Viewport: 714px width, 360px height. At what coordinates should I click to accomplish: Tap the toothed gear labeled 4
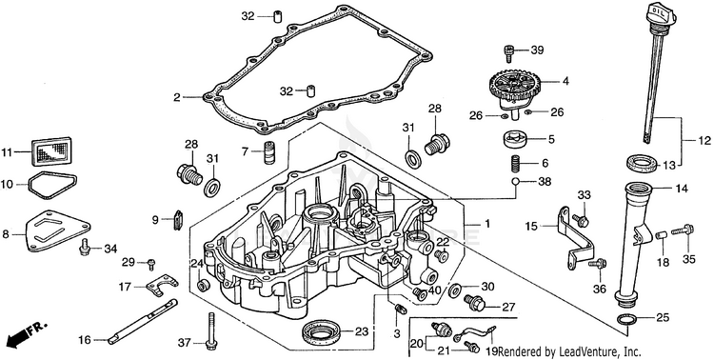(511, 85)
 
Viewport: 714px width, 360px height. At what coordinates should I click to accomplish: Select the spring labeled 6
(514, 163)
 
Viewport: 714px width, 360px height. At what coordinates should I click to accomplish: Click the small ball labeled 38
(515, 182)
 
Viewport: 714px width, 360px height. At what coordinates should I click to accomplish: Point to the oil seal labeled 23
(321, 332)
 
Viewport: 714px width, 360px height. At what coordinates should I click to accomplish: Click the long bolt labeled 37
(210, 330)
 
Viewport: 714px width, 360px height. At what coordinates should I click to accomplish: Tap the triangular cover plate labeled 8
(57, 230)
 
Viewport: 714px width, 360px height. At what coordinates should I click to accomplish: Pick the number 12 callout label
(704, 141)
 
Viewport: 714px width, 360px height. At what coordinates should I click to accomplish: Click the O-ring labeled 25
(629, 320)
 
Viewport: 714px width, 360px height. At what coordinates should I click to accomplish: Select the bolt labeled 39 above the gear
(509, 53)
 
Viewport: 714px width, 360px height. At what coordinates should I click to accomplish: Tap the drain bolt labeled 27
(475, 303)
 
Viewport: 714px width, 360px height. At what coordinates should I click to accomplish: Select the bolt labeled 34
(85, 246)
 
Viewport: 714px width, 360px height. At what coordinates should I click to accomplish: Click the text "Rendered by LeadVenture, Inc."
(569, 351)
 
